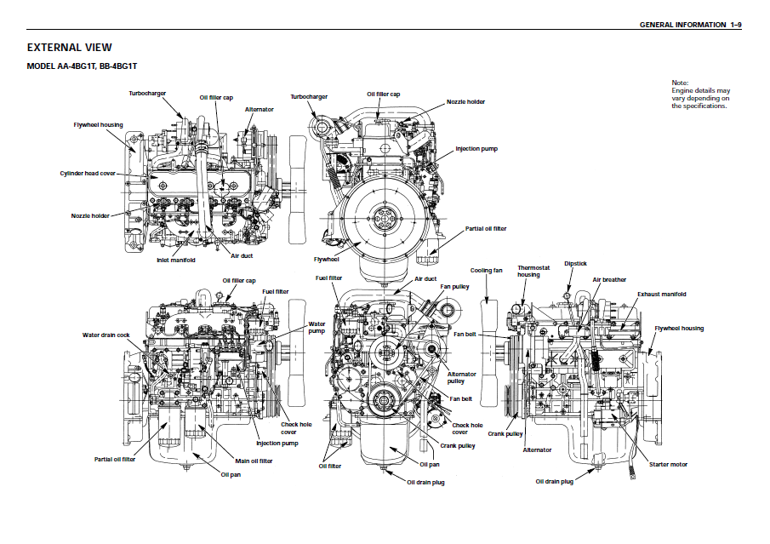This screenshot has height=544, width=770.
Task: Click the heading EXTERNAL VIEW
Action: click(x=70, y=48)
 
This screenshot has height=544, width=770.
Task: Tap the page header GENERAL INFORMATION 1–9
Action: click(x=690, y=25)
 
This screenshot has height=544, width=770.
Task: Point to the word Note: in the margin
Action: click(x=680, y=83)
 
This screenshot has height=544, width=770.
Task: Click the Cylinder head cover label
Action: click(x=88, y=173)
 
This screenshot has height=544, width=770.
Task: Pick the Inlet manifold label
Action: click(x=176, y=260)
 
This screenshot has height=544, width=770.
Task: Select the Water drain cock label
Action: click(x=106, y=335)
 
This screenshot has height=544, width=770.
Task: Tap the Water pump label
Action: click(x=317, y=328)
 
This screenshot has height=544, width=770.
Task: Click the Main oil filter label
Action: click(x=254, y=461)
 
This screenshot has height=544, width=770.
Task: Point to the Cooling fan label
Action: click(x=487, y=271)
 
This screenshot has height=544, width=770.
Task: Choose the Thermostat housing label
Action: click(x=528, y=272)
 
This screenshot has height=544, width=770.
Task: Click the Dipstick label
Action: click(x=576, y=264)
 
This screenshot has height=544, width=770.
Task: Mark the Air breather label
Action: click(x=609, y=279)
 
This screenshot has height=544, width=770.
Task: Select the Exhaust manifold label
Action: click(x=661, y=294)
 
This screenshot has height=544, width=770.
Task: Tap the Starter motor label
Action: click(x=668, y=464)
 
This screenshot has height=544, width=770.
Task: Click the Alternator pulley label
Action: click(x=462, y=377)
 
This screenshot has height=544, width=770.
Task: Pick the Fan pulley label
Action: click(x=454, y=287)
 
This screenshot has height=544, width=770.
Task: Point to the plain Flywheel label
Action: click(x=326, y=259)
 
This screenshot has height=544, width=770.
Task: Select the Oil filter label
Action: click(x=330, y=466)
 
